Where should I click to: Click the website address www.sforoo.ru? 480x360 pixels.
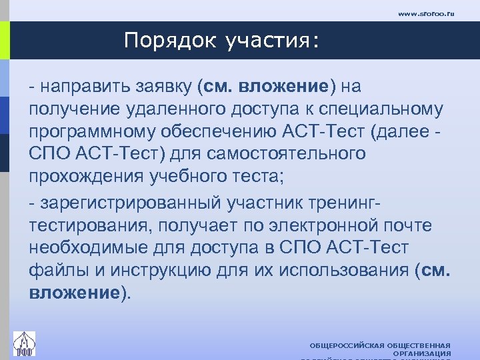(425, 13)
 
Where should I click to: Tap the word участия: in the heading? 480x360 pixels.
(271, 42)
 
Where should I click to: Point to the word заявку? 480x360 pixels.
(166, 86)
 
